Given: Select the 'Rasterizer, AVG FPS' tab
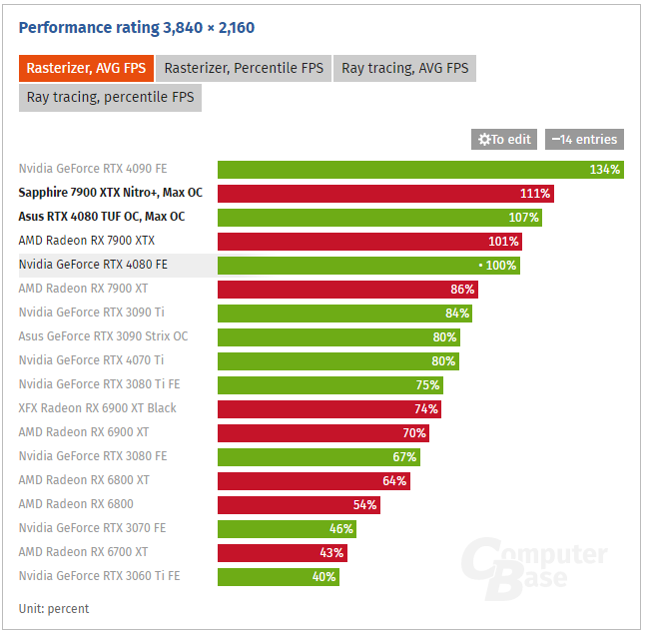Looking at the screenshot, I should coord(86,69).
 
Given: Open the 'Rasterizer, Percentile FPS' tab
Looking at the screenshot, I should coord(243,69).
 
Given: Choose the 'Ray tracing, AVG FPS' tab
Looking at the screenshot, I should coord(404,69).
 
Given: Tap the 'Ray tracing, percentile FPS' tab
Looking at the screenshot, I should coord(110,98).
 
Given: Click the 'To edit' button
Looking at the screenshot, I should coord(504,140).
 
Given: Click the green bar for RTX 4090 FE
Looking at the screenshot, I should coord(419,170).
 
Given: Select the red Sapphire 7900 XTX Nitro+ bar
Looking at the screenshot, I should coord(384,194).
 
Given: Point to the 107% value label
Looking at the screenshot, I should coord(523,218).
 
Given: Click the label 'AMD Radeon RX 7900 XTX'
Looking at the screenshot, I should coord(86,241).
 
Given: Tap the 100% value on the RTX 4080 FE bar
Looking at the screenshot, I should coord(501,266).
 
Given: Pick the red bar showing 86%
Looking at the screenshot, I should coord(347,290).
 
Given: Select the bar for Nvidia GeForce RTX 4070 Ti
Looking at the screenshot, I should coord(337,360).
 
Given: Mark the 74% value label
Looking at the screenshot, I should coord(426,409).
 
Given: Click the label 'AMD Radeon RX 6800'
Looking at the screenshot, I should coord(76,504).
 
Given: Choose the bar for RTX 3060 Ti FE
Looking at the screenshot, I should coord(279,576).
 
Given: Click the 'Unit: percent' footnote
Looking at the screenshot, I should coord(54,608).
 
